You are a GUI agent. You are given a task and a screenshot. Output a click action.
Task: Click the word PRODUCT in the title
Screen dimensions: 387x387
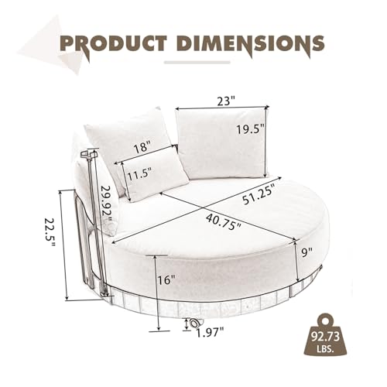114,44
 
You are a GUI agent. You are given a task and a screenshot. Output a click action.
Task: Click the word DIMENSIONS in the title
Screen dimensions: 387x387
252,43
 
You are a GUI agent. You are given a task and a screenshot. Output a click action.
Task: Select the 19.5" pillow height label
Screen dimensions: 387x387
251,129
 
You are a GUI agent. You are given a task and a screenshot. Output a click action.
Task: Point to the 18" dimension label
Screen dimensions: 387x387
142,148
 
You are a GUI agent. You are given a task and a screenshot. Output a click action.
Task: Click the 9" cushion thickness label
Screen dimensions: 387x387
307,252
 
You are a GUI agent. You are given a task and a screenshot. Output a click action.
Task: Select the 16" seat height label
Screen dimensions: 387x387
166,280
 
